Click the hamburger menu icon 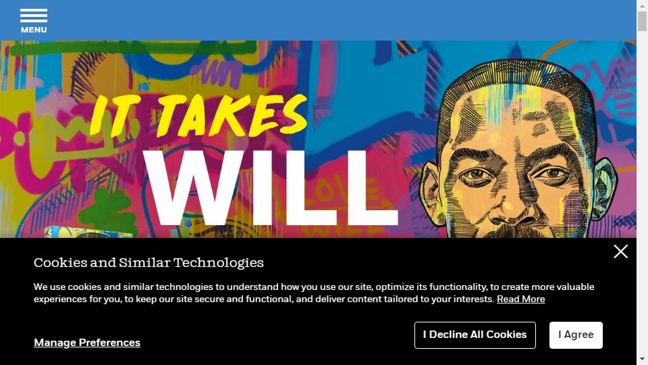click(34, 16)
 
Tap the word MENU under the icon click(34, 30)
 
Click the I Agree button click(576, 335)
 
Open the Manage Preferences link click(87, 343)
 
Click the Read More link click(520, 299)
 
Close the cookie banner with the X click(620, 251)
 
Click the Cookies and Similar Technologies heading click(148, 263)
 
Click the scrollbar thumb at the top click(642, 21)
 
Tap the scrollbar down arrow click(642, 359)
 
